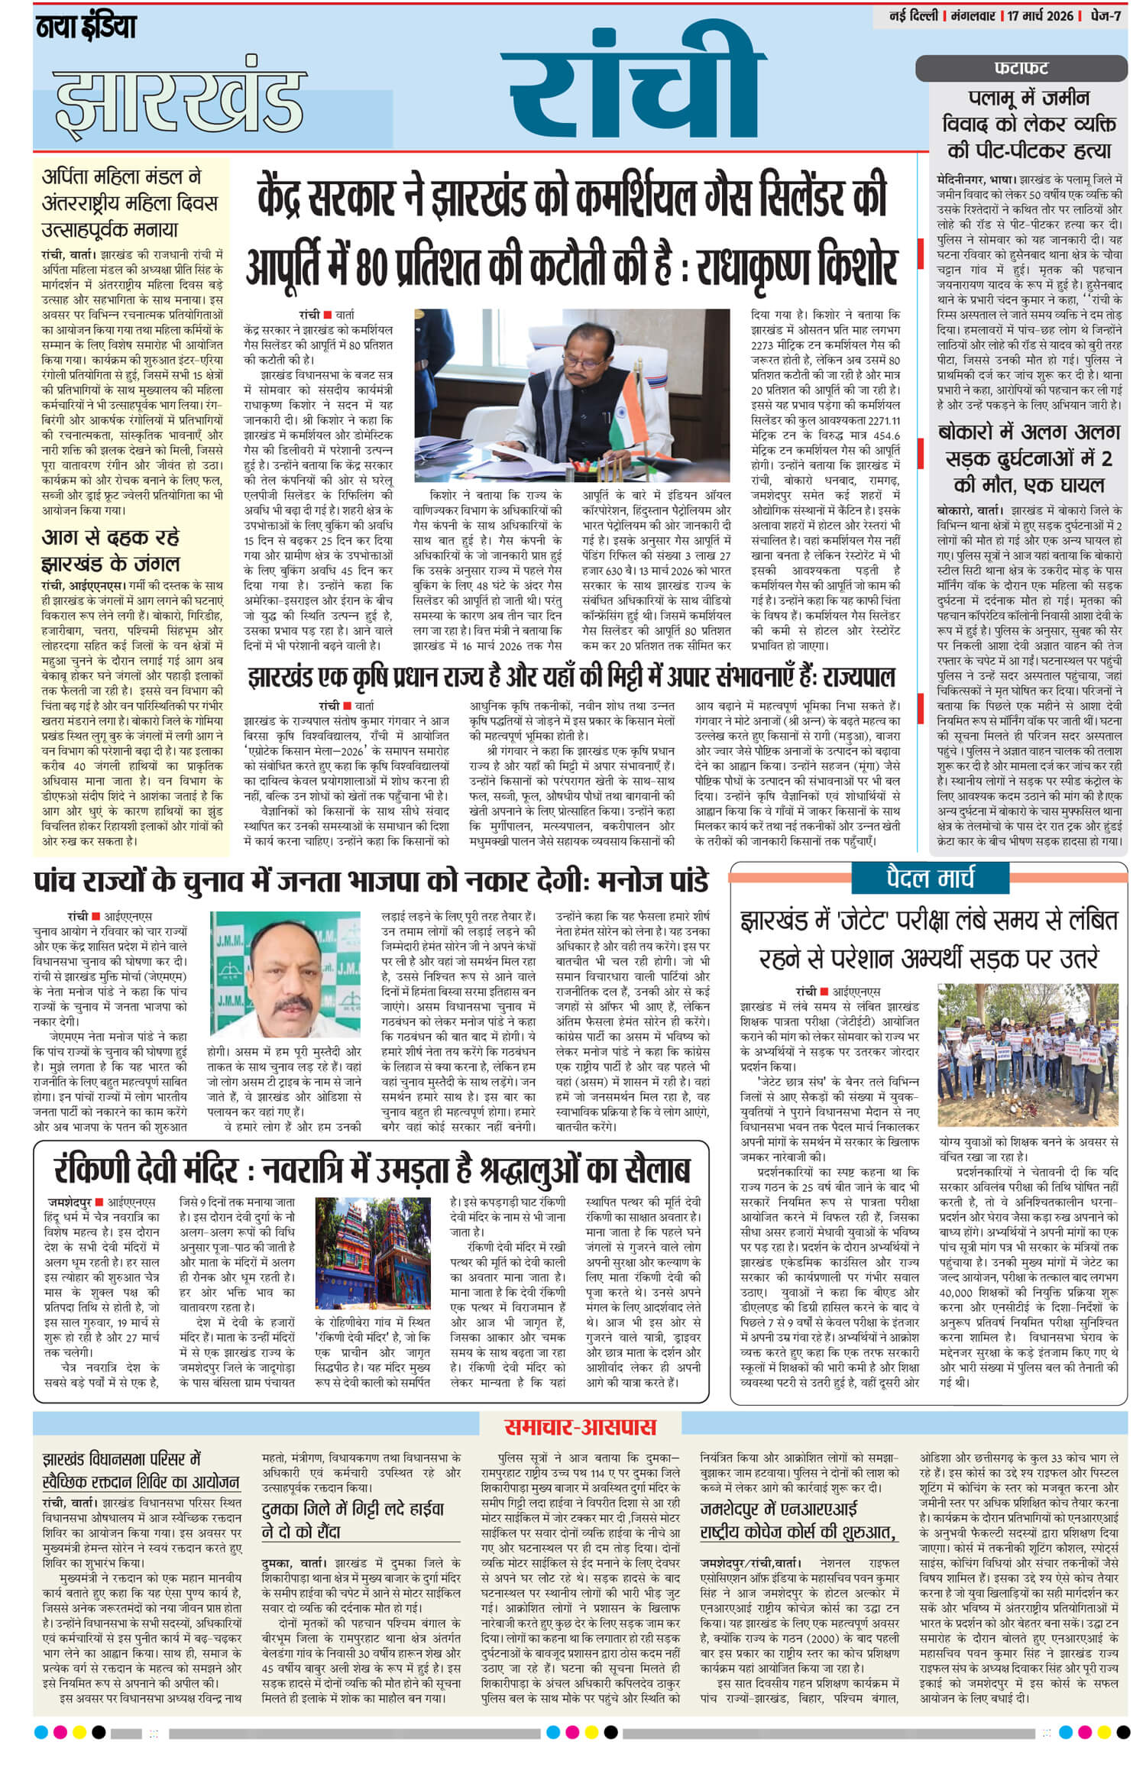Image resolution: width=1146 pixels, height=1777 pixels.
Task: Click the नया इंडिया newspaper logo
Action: tap(86, 28)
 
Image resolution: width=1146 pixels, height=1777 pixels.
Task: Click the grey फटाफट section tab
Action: tap(1021, 69)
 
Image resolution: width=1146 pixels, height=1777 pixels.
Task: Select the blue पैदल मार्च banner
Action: tap(930, 879)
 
